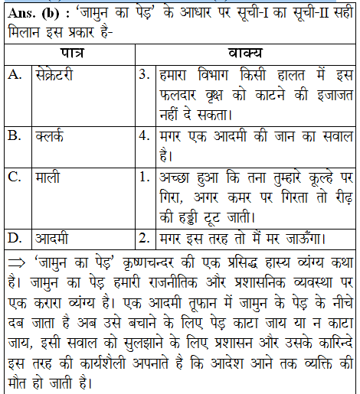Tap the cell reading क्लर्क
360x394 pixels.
tap(48, 135)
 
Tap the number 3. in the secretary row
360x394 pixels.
tap(142, 75)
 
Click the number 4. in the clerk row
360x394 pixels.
tap(142, 135)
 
